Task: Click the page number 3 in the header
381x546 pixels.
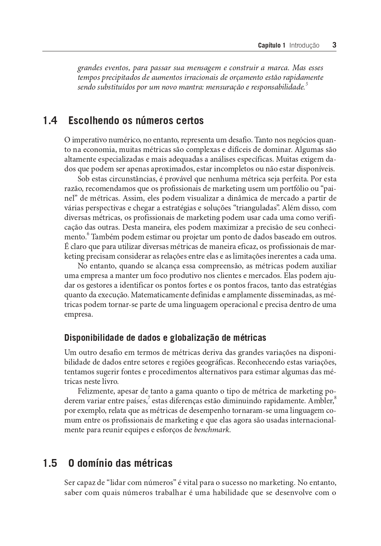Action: click(x=334, y=45)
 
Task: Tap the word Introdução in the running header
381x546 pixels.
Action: click(x=304, y=46)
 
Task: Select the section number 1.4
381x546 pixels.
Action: click(x=50, y=121)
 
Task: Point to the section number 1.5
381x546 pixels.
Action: click(x=50, y=463)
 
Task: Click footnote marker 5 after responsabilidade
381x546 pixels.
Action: click(x=306, y=85)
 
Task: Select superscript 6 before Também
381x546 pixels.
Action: click(x=88, y=235)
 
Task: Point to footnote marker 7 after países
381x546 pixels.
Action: click(x=149, y=398)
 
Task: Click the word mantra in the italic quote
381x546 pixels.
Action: click(x=185, y=88)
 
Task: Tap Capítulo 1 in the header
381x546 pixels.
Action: click(x=271, y=46)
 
